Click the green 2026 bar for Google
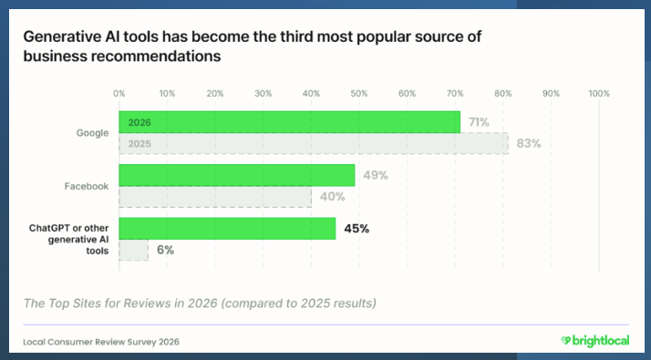289,122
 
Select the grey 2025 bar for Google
314,144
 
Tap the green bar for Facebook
237,175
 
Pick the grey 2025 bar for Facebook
215,197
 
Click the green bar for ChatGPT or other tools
227,229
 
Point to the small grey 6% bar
133,250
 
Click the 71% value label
479,122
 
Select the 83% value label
529,144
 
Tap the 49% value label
376,175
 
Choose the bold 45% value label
356,229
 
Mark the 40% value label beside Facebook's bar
332,197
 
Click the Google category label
92,133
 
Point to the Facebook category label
87,186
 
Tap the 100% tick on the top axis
599,94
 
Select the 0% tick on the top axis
119,94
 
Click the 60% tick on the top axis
407,94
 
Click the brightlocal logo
595,341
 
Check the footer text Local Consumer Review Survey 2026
101,342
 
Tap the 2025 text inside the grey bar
139,144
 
